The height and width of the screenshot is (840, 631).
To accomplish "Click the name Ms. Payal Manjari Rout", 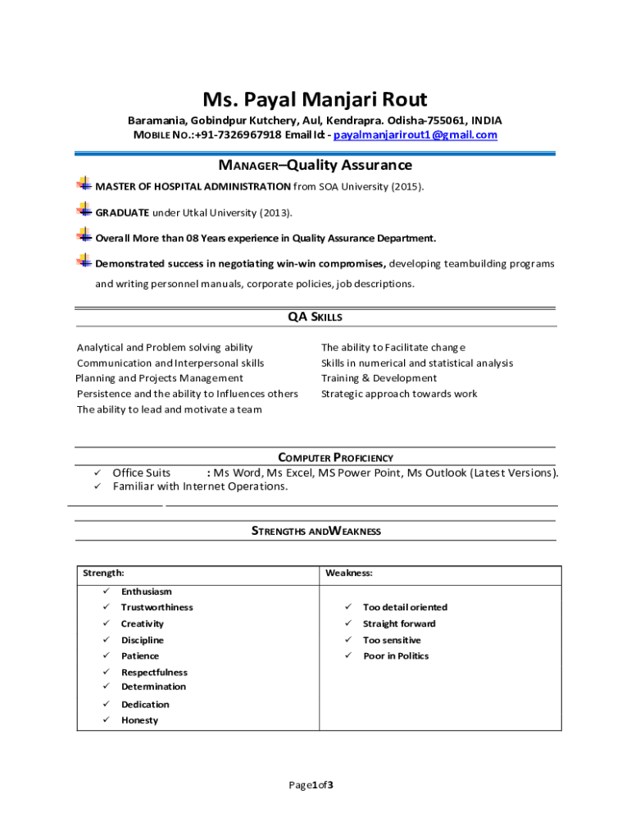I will coord(315,100).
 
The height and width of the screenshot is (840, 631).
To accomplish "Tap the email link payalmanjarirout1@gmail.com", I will coord(415,135).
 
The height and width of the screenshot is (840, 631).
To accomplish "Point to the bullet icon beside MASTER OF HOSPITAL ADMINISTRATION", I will coord(84,185).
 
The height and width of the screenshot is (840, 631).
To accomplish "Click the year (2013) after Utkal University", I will coord(275,212).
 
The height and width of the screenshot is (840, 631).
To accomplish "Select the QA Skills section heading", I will coord(315,317).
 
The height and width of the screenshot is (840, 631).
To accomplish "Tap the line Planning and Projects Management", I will coord(159,378).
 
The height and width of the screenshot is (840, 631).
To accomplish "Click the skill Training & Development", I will coord(379,378).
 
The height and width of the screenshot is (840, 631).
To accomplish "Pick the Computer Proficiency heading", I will coord(336,458).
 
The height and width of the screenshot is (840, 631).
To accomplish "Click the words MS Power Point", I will coord(360,472).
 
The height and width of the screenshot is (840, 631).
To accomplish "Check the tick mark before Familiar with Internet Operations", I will coord(97,486).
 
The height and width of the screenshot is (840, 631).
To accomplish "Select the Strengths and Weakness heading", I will coord(315,531).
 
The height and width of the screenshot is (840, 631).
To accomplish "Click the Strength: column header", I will coord(103,573).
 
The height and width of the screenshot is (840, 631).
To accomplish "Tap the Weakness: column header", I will coord(349,573).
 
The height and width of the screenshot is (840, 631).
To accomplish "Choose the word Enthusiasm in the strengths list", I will coord(147,591).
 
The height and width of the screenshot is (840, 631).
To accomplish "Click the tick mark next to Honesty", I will coord(106,720).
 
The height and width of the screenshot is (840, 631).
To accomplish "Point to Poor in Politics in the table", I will coord(396,655).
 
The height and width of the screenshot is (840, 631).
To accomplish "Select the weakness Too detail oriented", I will coord(405,607).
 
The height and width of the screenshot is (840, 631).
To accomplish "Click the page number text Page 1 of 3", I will coord(311,785).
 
